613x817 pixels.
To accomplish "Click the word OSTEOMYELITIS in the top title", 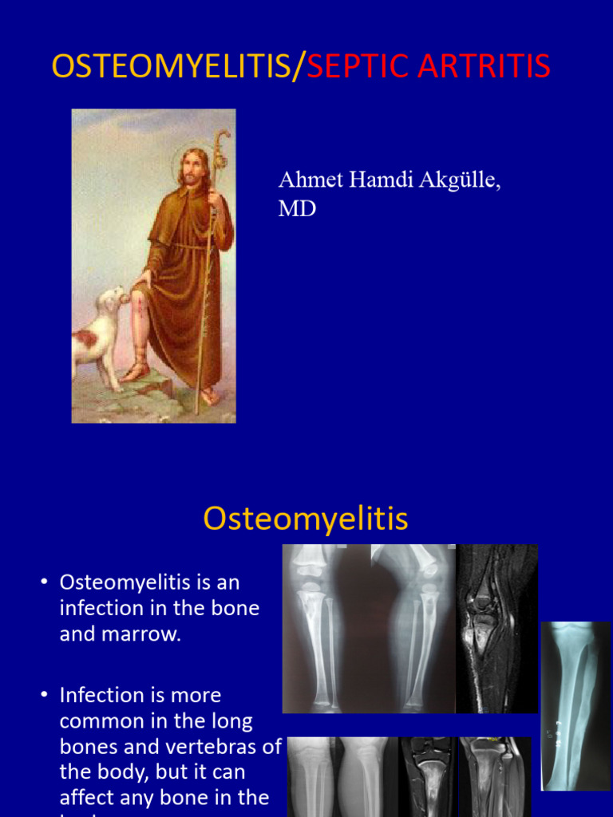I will tap(171, 67).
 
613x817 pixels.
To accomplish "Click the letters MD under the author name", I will tap(296, 209).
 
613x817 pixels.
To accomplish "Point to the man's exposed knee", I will tap(140, 305).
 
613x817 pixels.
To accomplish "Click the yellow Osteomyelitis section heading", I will tap(306, 519).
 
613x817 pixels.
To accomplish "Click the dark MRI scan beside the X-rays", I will tap(496, 629).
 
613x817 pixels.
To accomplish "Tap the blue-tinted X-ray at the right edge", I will tap(575, 705).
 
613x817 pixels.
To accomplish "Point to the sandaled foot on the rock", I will tap(136, 372).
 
